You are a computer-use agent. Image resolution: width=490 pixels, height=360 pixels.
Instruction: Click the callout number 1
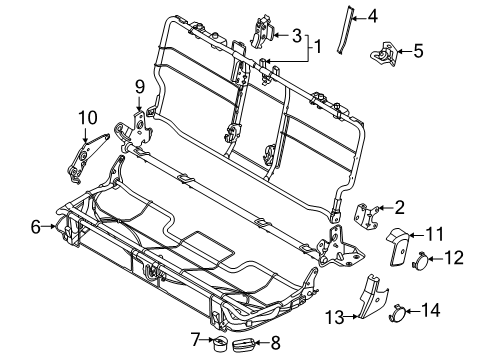click(318, 46)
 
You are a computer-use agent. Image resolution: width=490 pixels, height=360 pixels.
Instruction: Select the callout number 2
click(400, 208)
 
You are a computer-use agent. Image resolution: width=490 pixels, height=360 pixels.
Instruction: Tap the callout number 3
click(297, 35)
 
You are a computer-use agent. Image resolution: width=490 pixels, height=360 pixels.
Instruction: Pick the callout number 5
click(419, 50)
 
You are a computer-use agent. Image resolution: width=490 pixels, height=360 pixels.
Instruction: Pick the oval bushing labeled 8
click(244, 345)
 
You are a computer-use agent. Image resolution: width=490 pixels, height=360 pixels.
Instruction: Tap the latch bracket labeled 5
click(387, 52)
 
